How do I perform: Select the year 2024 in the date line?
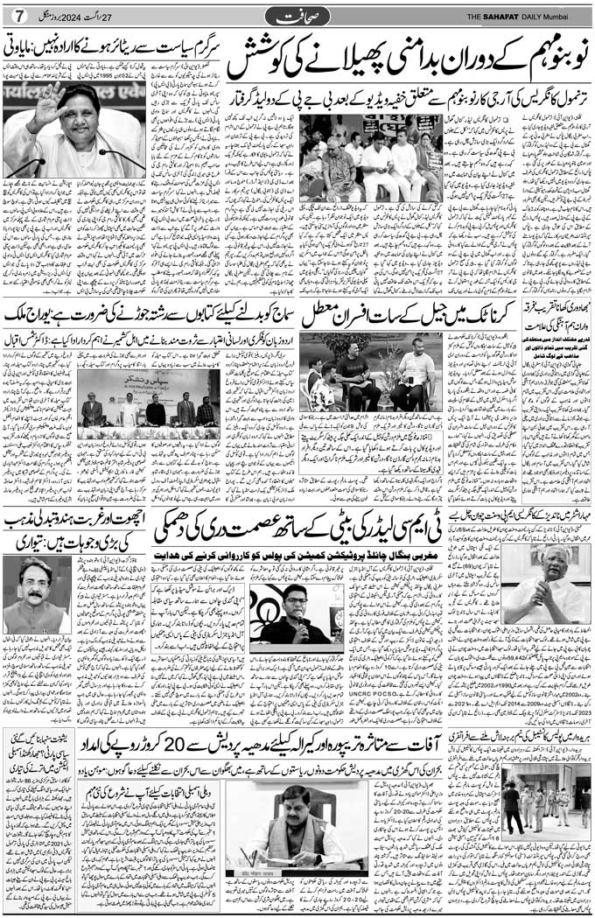[x=78, y=17]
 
